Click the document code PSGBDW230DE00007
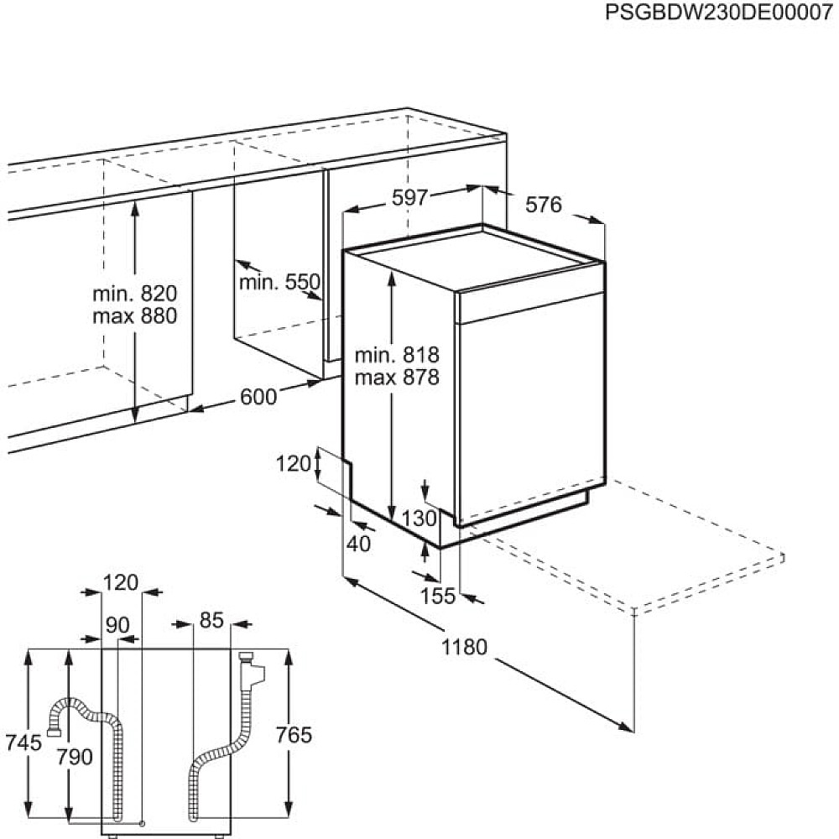tap(719, 12)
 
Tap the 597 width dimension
tap(410, 198)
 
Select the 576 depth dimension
tap(544, 205)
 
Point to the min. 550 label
tap(279, 282)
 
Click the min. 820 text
tap(135, 294)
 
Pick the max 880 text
tap(135, 316)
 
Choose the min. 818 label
tap(397, 355)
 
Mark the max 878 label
tap(397, 378)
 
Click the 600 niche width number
tap(258, 397)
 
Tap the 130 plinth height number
tap(419, 519)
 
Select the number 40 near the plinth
tap(358, 545)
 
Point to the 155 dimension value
tap(438, 596)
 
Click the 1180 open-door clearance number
tap(464, 648)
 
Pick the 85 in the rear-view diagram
tap(211, 621)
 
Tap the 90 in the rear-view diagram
tap(117, 625)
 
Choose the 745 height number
tap(23, 743)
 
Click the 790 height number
tap(75, 757)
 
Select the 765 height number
tap(294, 735)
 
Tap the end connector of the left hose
tap(53, 732)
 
